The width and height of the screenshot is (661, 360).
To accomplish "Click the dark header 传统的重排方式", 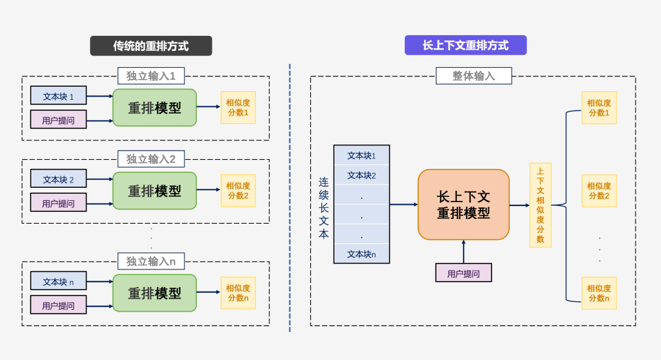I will tap(151, 46).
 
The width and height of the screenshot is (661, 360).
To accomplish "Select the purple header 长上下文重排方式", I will tap(465, 45).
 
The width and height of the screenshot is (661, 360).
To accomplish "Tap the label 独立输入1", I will tap(151, 76).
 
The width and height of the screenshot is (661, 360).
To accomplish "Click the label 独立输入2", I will tap(151, 159).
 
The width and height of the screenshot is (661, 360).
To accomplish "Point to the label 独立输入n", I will tap(151, 262).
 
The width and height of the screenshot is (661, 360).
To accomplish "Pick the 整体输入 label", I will tap(473, 76).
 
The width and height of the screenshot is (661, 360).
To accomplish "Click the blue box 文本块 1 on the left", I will tap(58, 96).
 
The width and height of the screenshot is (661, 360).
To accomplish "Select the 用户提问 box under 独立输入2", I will tap(58, 203).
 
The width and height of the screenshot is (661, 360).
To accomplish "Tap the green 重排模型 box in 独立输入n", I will tap(154, 293).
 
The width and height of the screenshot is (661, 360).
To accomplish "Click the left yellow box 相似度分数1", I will tap(238, 107).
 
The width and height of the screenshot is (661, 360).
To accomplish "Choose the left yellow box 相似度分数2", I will tap(238, 190).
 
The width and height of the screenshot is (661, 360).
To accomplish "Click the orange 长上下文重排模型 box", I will tap(463, 205).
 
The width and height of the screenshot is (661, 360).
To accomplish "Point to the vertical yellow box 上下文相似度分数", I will tap(540, 205).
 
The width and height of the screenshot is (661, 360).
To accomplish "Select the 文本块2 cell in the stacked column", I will tap(361, 175).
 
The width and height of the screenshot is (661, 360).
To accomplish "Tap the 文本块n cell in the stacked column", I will tap(361, 254).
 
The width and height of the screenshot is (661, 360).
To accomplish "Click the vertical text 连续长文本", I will tap(323, 207).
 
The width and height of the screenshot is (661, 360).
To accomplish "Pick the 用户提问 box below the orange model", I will tap(463, 273).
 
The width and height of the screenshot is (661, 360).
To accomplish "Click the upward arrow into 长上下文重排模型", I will tap(463, 252).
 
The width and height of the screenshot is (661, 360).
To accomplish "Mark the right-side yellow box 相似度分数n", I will tap(598, 293).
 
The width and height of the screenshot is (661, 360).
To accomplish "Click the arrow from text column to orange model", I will tap(404, 204).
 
